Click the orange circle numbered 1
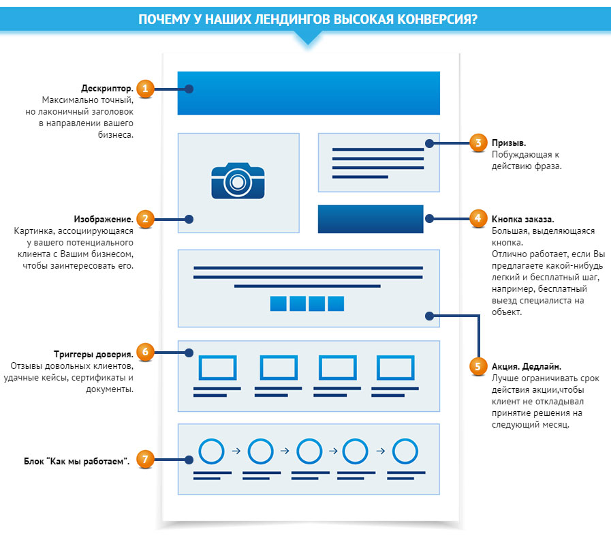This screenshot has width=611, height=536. tap(144, 89)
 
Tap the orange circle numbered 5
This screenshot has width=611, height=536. tap(479, 366)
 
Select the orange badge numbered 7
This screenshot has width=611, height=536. tap(144, 459)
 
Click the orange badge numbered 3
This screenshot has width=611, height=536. tap(479, 143)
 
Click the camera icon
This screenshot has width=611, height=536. tap(237, 181)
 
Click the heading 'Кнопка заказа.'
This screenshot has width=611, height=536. tap(523, 220)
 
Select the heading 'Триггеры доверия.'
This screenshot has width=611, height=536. tap(93, 355)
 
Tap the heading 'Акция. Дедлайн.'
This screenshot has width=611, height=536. tap(527, 366)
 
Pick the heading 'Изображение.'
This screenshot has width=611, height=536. tap(104, 220)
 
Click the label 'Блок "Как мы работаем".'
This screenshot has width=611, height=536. tap(77, 461)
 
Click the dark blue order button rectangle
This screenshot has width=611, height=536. tap(371, 219)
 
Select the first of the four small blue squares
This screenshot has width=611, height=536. tap(278, 303)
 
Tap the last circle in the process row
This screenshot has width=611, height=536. tap(405, 451)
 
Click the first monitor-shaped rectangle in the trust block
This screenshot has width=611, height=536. tap(217, 369)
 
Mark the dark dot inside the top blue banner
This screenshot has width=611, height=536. tap(190, 89)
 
